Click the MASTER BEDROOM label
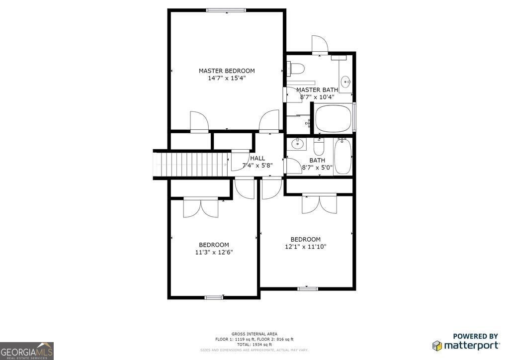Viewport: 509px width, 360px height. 227,71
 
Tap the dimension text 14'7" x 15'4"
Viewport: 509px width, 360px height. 227,78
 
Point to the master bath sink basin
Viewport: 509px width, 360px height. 346,81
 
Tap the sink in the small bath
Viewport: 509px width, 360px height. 297,145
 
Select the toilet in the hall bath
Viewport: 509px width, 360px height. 319,146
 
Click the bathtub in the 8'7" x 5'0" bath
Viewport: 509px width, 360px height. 342,156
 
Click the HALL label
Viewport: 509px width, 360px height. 257,158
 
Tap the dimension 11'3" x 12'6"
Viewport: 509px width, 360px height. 214,252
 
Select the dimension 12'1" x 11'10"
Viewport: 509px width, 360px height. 305,247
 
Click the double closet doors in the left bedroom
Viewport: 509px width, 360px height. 201,207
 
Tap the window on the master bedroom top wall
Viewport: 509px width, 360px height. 227,10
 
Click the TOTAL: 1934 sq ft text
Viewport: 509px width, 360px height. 254,345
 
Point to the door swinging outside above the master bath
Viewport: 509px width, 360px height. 319,45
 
